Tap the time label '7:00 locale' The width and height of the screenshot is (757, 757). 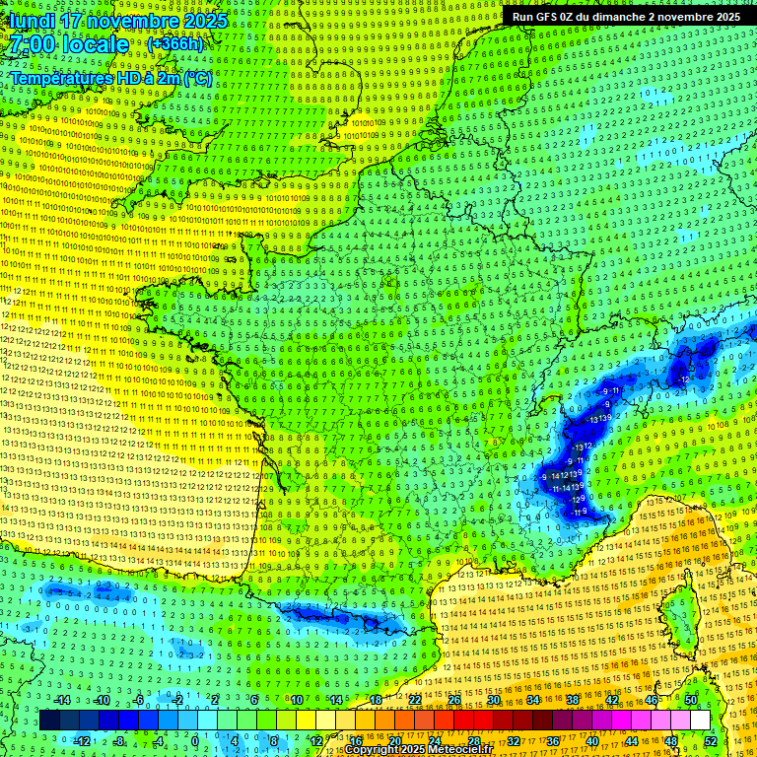[67, 44]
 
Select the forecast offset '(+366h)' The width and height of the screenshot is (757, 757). [174, 44]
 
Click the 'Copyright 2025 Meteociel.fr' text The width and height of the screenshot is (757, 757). [418, 750]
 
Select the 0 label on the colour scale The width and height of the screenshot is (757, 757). [194, 740]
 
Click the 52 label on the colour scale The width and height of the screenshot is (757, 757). [711, 740]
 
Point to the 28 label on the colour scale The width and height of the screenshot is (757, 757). [473, 740]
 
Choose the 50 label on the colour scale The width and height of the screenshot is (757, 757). [691, 700]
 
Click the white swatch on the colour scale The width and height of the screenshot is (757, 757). [700, 721]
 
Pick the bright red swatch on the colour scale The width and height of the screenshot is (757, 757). [463, 721]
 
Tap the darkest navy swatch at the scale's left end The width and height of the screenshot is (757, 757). [49, 721]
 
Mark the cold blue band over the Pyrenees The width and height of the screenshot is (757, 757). [335, 618]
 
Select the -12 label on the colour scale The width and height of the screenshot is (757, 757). [83, 740]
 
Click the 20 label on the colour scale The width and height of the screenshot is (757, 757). [394, 740]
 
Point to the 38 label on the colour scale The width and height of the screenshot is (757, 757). [573, 700]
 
